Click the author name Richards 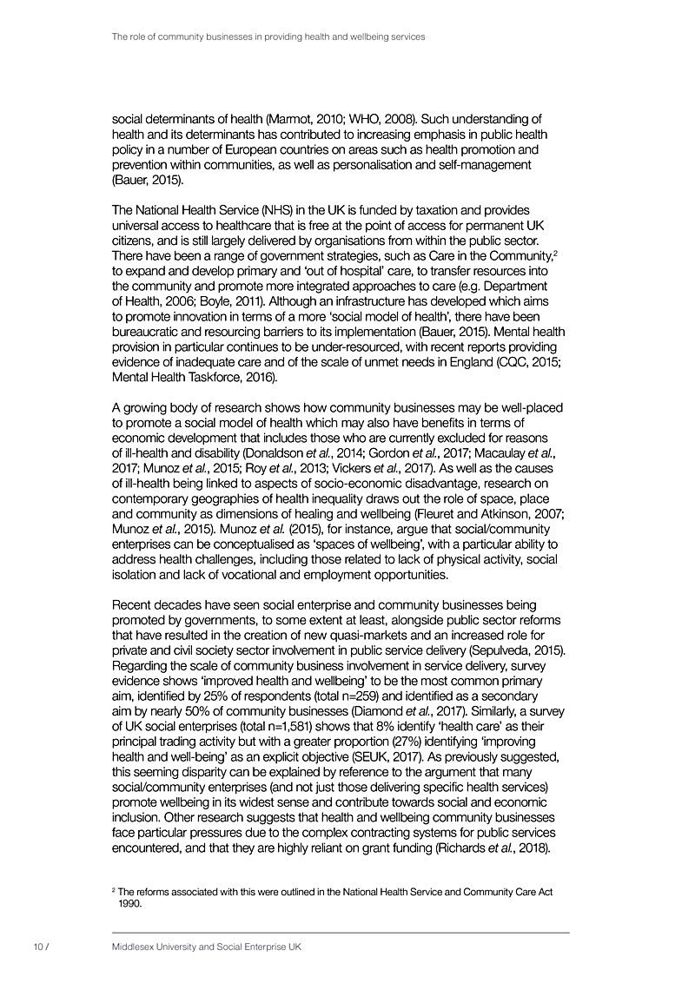pyautogui.click(x=464, y=846)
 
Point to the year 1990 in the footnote pyautogui.click(x=129, y=903)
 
